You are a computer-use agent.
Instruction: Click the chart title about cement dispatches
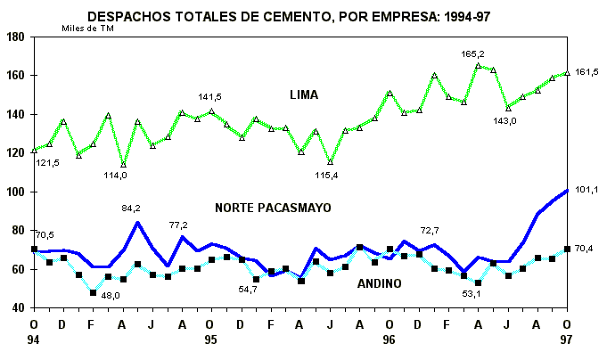(303, 15)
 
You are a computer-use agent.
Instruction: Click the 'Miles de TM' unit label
(87, 28)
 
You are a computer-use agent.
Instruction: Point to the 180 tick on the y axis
(15, 37)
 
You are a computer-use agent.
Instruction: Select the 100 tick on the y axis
(15, 192)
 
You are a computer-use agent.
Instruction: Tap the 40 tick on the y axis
(17, 308)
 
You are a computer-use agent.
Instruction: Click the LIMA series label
(303, 94)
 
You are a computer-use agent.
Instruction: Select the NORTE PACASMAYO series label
(273, 208)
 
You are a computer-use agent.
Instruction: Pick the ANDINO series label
(379, 283)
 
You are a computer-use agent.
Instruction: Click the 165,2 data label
(472, 54)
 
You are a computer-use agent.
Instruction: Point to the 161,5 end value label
(588, 71)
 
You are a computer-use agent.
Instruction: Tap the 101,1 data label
(588, 189)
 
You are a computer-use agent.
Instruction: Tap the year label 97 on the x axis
(568, 340)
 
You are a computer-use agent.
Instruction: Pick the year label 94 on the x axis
(33, 340)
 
